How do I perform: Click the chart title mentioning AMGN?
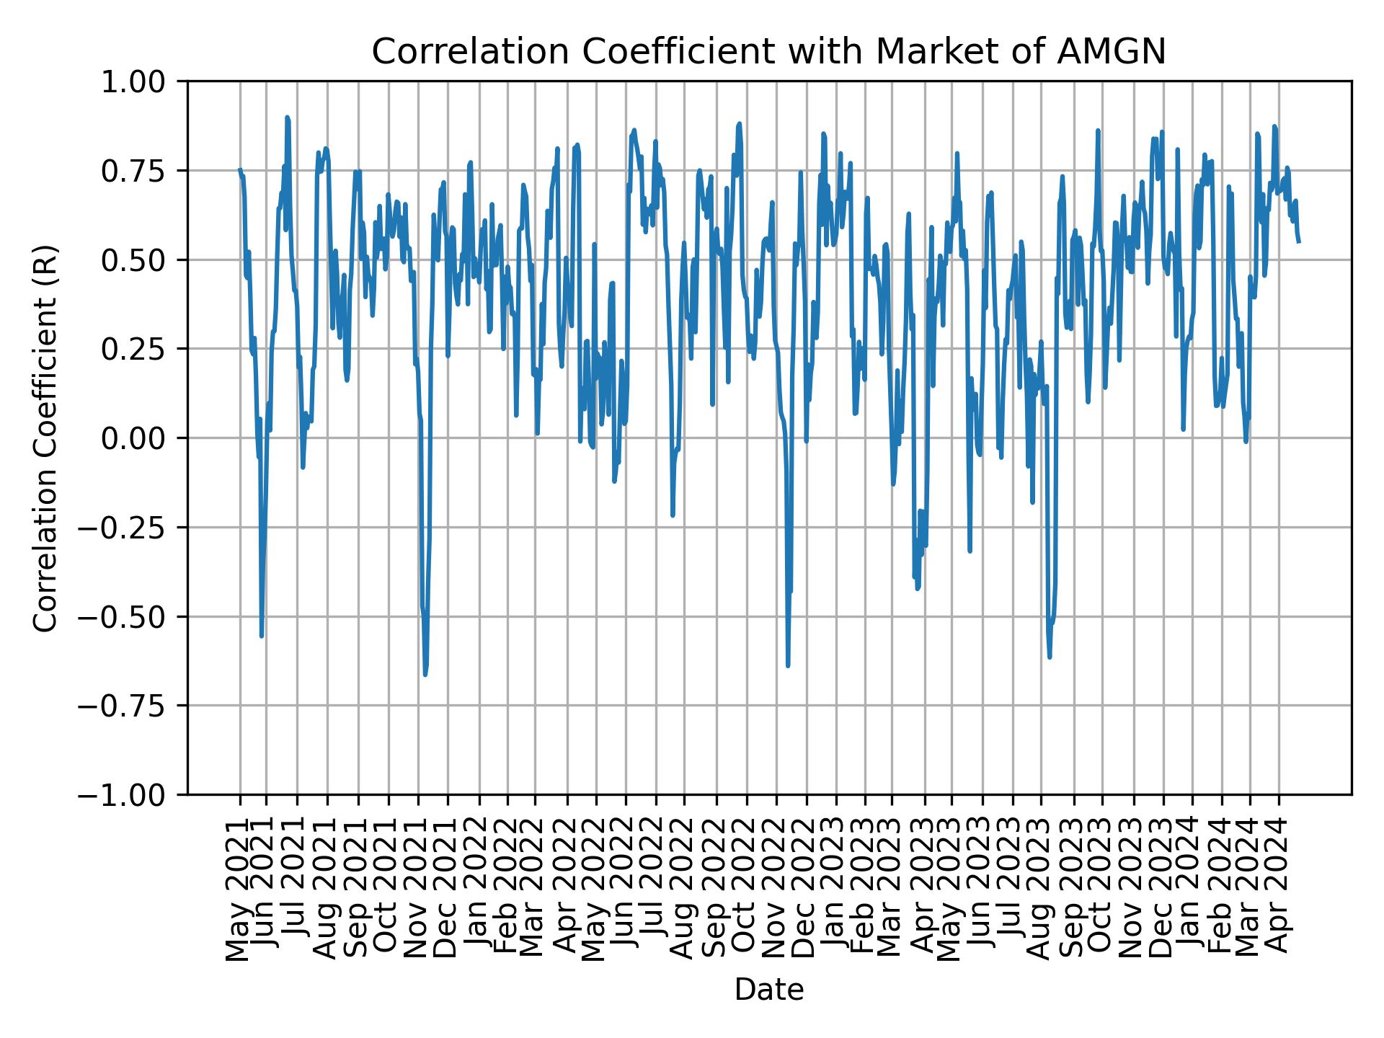click(768, 52)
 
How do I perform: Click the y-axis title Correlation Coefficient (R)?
click(45, 438)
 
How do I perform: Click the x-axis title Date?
click(768, 990)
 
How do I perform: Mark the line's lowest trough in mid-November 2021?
click(425, 674)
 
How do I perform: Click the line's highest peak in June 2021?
click(287, 117)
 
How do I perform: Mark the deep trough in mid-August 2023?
click(1050, 656)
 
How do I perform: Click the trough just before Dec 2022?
click(788, 665)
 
